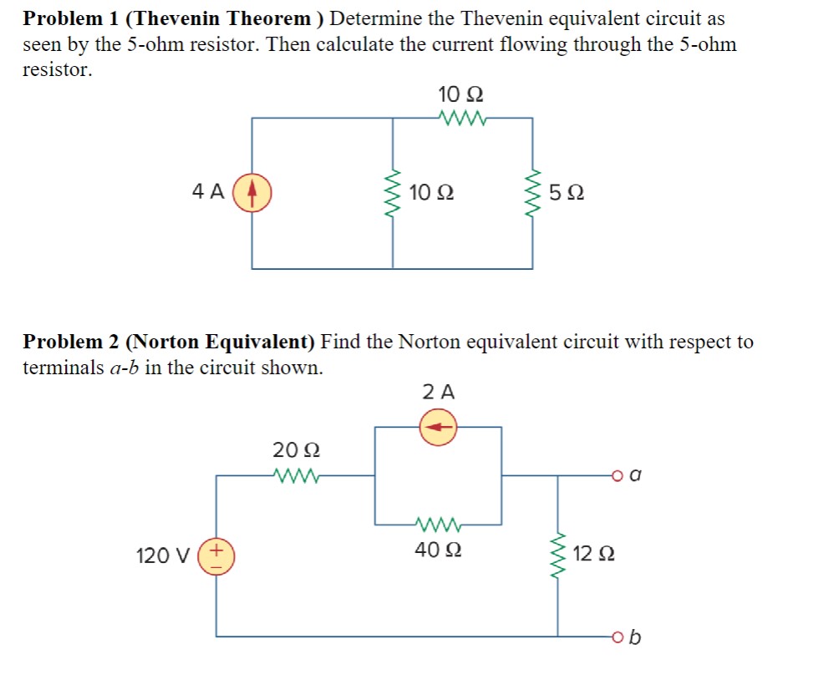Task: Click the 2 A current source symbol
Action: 437,428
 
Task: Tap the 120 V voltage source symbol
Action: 217,555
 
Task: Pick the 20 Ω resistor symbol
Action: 295,476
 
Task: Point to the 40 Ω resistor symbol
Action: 437,525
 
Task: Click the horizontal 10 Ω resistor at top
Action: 460,119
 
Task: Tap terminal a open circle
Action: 617,476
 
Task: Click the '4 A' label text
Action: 207,192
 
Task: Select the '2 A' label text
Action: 439,391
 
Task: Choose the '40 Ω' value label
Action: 437,550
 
